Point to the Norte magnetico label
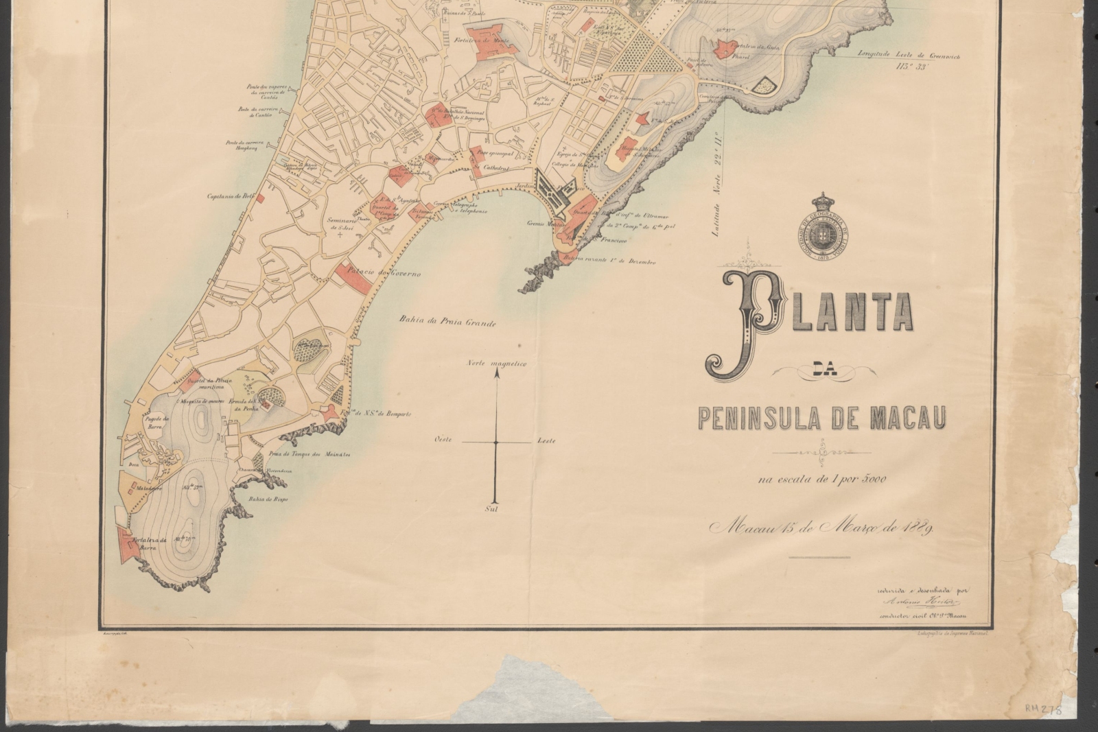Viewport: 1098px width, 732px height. click(x=496, y=364)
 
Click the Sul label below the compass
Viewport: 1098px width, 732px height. click(x=491, y=510)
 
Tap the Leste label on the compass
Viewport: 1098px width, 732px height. click(x=546, y=440)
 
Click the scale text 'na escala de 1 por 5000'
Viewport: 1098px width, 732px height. click(x=822, y=480)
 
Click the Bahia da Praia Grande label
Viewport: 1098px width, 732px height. click(x=447, y=321)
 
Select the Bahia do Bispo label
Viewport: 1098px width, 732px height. click(x=268, y=499)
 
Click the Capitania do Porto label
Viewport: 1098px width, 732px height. click(x=232, y=196)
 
